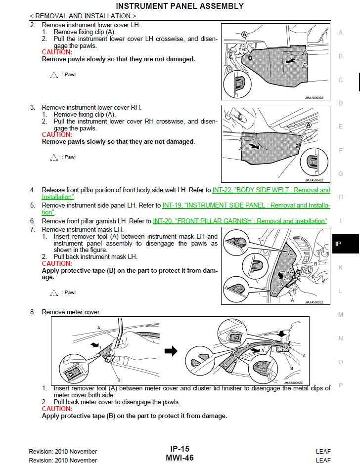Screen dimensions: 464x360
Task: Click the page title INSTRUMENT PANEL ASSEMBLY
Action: pyautogui.click(x=180, y=6)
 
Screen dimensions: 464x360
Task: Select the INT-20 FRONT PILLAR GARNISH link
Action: pyautogui.click(x=240, y=221)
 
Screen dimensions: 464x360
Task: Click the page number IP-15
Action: pyautogui.click(x=180, y=449)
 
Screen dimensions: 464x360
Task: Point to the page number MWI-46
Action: pyautogui.click(x=180, y=458)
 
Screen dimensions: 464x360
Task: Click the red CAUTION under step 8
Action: pyautogui.click(x=57, y=409)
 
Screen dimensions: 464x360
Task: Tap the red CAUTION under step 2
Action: pyautogui.click(x=57, y=52)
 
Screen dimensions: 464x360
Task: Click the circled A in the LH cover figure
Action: pyautogui.click(x=244, y=35)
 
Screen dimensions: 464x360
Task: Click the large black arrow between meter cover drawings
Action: pyautogui.click(x=171, y=351)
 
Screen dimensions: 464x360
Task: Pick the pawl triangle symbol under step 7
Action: pyautogui.click(x=54, y=293)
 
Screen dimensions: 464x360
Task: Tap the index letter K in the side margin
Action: pyautogui.click(x=341, y=268)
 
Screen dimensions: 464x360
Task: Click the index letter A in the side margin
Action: pyautogui.click(x=341, y=33)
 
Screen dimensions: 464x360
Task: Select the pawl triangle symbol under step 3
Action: pyautogui.click(x=54, y=158)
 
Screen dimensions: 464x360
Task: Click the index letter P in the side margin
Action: pyautogui.click(x=341, y=385)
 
